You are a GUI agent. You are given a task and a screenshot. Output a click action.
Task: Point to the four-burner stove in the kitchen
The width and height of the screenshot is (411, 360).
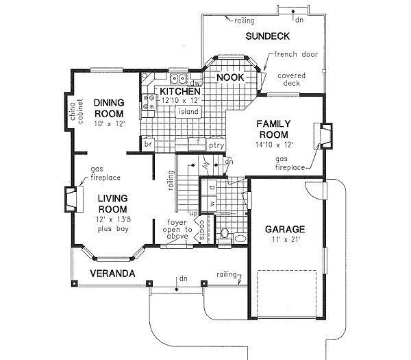point(149,102)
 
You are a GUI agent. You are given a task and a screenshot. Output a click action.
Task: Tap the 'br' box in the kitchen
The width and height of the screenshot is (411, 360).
point(147,145)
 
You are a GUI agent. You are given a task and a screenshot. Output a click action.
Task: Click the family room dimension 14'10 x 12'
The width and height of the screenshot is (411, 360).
point(275,145)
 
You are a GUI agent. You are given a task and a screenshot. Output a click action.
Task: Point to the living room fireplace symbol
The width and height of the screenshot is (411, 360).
point(71,198)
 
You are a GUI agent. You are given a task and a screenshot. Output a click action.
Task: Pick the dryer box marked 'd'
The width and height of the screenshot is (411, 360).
point(212,187)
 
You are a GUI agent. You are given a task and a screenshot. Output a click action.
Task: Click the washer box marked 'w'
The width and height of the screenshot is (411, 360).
point(212,204)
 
